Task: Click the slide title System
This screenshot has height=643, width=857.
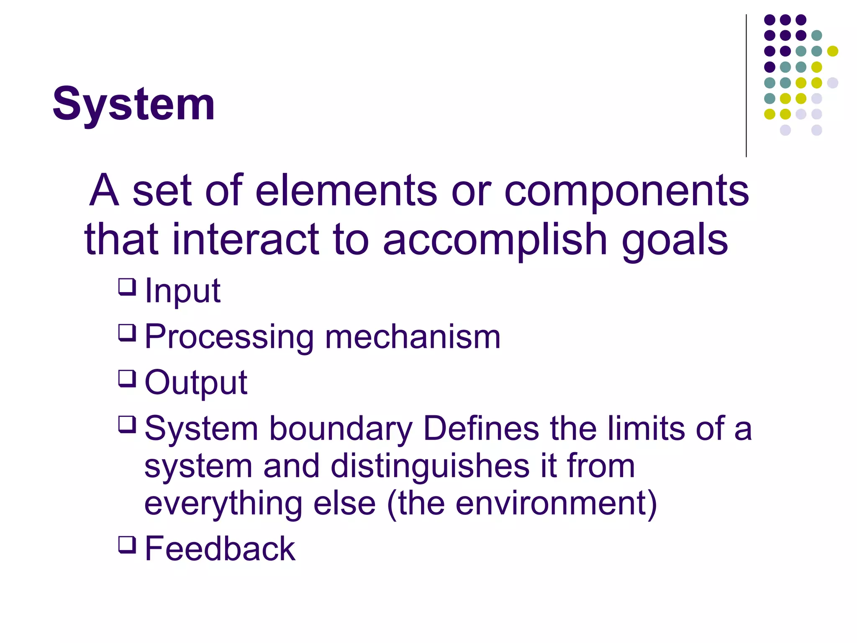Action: [133, 104]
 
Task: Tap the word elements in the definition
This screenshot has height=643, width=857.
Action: [346, 191]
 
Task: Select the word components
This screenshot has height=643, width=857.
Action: [626, 192]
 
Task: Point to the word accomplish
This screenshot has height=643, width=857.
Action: [495, 240]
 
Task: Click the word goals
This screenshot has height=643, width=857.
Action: [675, 240]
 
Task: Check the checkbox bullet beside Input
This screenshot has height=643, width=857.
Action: [127, 287]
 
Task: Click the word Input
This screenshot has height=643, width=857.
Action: [182, 291]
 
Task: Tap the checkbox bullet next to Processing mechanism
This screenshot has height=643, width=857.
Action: [127, 333]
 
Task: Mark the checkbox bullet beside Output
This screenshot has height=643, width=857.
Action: [127, 379]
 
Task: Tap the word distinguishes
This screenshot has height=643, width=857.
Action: [430, 466]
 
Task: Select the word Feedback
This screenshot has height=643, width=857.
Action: [220, 549]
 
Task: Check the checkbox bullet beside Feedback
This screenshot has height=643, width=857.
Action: [127, 545]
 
